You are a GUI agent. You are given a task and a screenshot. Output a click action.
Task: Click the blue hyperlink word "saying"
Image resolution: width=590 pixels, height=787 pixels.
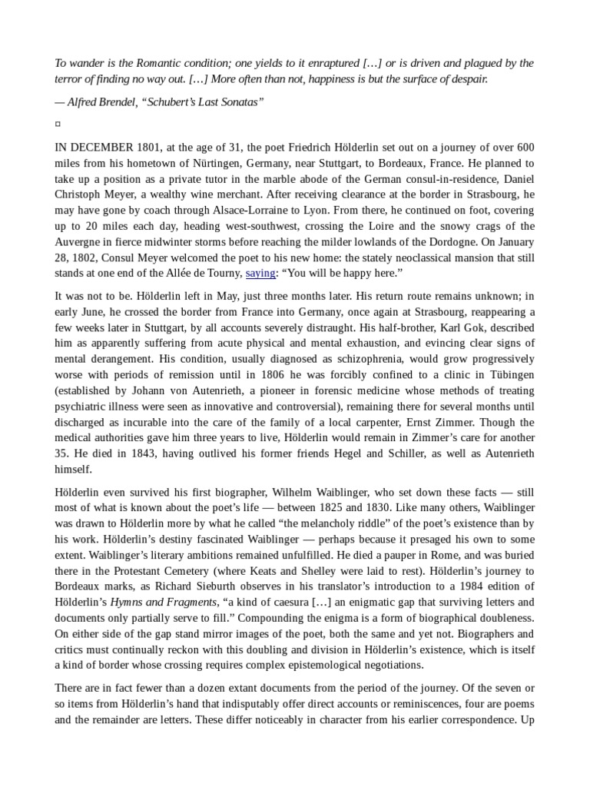(260, 273)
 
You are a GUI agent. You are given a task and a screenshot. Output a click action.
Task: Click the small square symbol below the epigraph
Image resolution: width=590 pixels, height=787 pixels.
(58, 124)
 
